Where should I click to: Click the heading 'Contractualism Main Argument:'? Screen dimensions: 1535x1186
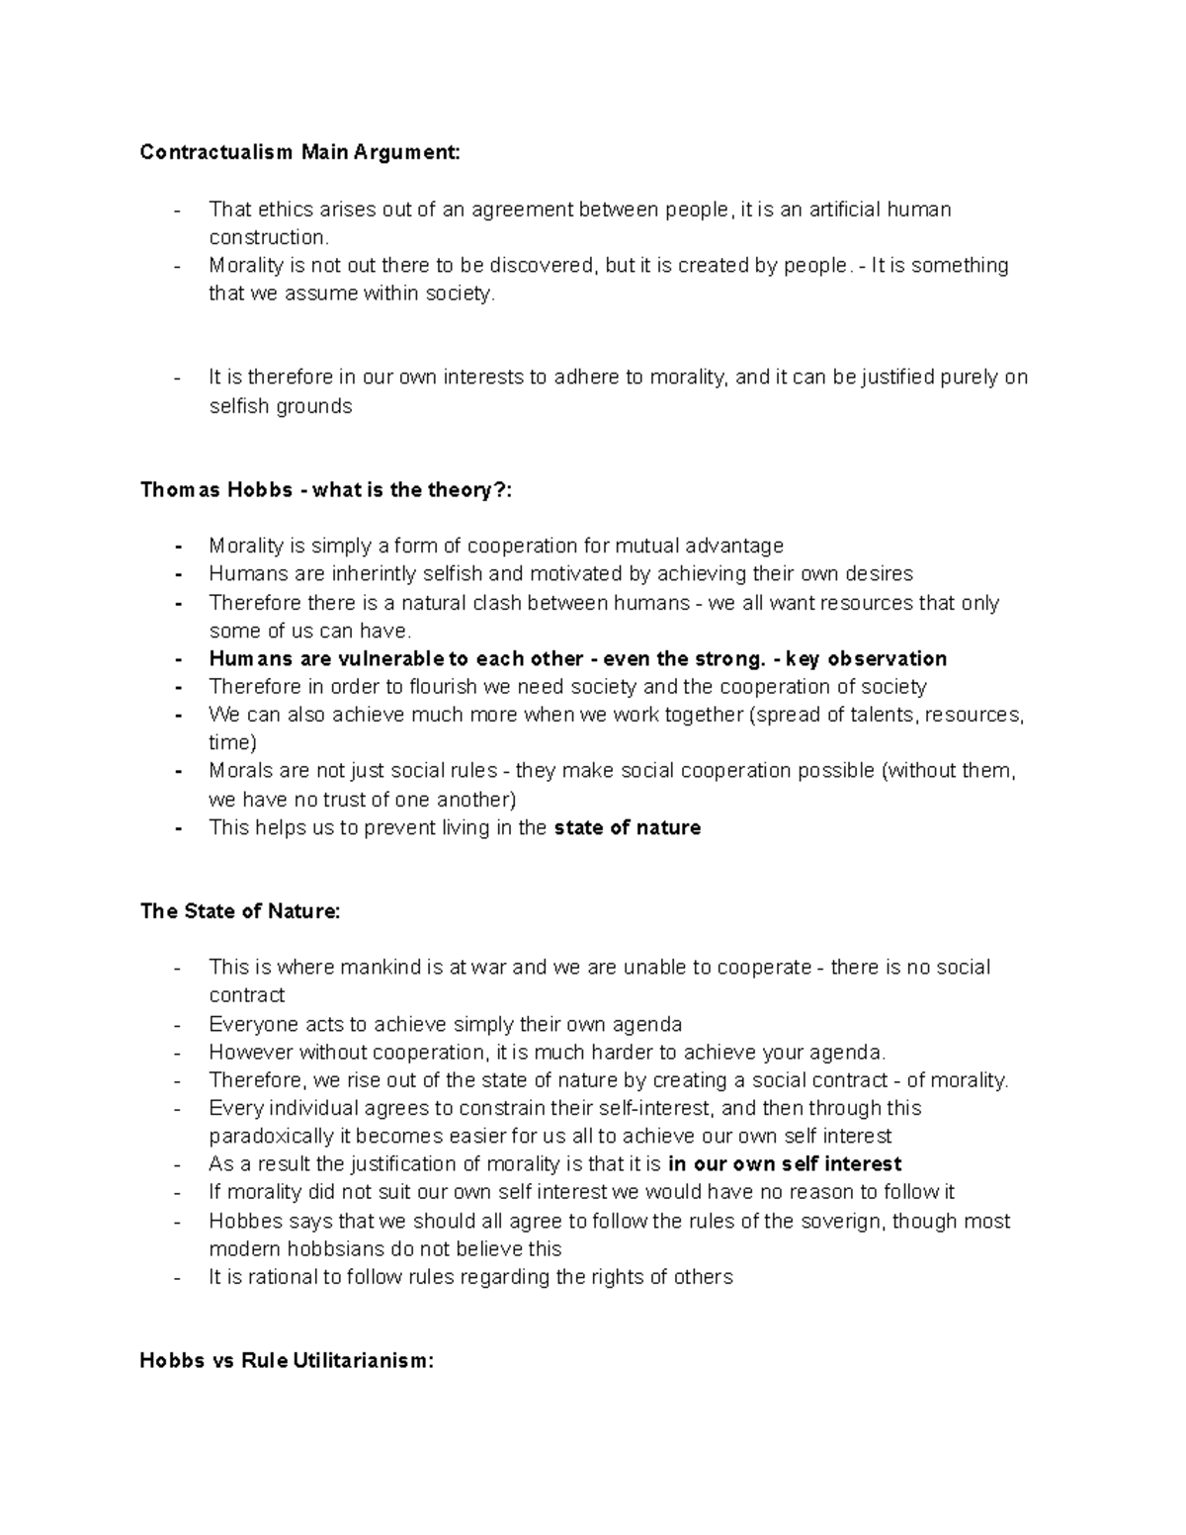(x=299, y=152)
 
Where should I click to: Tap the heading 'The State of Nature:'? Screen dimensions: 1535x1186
(x=240, y=911)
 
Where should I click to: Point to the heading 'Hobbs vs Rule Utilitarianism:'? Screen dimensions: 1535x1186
(x=287, y=1361)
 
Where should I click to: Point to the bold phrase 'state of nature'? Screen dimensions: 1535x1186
(x=628, y=828)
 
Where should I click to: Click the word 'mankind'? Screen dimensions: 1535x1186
(x=381, y=968)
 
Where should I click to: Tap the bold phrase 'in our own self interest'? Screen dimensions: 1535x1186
(x=785, y=1164)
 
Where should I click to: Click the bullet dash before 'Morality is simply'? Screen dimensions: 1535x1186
(x=178, y=547)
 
